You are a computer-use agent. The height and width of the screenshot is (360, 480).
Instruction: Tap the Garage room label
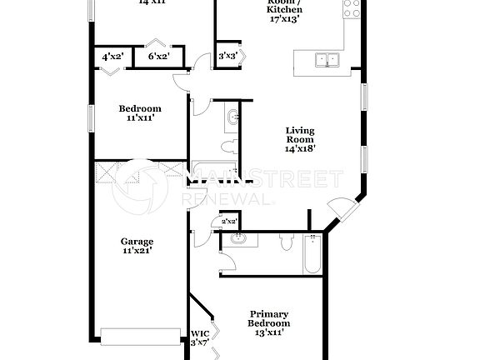coord(137,246)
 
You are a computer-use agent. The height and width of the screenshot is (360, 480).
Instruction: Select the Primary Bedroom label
coord(268,322)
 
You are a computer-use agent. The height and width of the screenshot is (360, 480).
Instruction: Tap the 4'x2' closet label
coord(112,57)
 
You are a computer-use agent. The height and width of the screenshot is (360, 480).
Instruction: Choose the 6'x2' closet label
coord(158,57)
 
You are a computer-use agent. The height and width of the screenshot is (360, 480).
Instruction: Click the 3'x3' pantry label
coord(227,57)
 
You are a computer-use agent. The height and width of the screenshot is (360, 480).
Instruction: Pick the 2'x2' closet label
coord(228,222)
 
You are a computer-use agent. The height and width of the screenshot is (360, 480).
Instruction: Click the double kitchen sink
coord(327,59)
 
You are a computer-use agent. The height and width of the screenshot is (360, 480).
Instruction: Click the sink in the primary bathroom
coord(241,240)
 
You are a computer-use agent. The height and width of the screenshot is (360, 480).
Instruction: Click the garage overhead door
coord(140,336)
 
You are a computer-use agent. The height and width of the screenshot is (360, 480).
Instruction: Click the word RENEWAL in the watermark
coord(226,200)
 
